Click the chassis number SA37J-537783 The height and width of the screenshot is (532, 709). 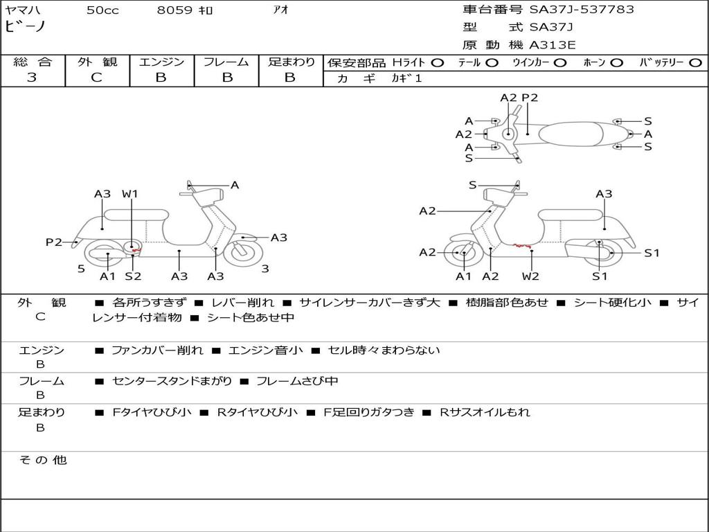(582, 10)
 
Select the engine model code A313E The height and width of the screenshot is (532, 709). (552, 46)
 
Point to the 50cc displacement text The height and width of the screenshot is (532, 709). (102, 10)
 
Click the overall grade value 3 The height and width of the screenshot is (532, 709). (32, 78)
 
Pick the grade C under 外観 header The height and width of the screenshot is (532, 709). (97, 78)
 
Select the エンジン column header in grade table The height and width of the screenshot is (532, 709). (161, 62)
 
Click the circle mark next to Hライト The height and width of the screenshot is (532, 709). (437, 62)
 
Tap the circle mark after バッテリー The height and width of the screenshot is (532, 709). (696, 62)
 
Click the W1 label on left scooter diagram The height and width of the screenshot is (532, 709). (130, 194)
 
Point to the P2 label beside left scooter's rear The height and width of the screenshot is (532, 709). (54, 242)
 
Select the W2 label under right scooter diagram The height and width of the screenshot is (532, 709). (530, 276)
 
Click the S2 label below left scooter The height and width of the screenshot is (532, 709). (133, 276)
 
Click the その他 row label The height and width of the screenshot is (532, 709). (42, 460)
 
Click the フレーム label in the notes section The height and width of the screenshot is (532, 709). (41, 381)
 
